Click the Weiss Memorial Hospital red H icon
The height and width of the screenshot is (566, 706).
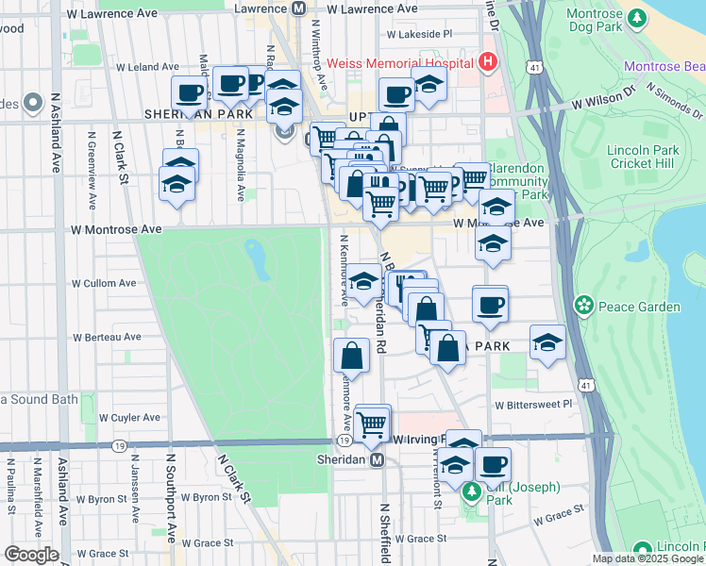tap(488, 63)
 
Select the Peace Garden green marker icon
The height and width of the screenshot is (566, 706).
tap(585, 306)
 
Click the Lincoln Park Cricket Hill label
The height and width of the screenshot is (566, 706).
tap(644, 157)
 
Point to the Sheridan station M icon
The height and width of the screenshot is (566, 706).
tap(377, 459)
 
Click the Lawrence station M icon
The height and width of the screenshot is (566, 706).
tap(299, 8)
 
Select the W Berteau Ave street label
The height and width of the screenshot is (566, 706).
tap(108, 337)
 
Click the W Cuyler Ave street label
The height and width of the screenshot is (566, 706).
tap(106, 417)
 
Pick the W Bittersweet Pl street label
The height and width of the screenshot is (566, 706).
tap(533, 404)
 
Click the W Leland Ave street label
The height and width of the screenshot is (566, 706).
tap(145, 67)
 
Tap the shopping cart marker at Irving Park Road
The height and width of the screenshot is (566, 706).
tap(372, 423)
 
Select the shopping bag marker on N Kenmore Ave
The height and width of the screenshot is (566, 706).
tap(351, 357)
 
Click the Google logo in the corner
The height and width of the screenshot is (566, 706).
tap(30, 555)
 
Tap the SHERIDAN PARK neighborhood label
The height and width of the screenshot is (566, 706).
tap(198, 113)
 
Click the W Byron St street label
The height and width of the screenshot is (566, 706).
tap(199, 496)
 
